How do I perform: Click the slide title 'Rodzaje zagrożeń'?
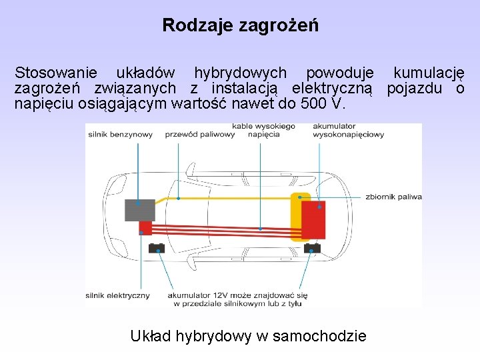[x=240, y=26]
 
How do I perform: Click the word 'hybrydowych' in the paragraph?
[x=241, y=73]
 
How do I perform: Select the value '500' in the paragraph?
[x=314, y=105]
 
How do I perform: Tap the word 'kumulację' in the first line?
[x=429, y=73]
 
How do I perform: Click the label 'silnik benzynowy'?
[x=120, y=134]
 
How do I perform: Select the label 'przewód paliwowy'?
[x=199, y=134]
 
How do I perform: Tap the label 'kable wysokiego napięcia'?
[x=263, y=130]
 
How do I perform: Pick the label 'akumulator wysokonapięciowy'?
[x=348, y=130]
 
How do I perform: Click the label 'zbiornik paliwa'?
[x=393, y=197]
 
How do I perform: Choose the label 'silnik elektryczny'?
[x=117, y=295]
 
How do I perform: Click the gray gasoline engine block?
[x=139, y=210]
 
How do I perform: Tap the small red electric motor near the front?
[x=145, y=228]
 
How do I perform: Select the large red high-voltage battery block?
[x=313, y=219]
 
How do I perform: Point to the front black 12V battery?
[x=157, y=249]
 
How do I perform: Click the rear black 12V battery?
[x=311, y=249]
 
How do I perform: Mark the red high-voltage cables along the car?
[x=220, y=227]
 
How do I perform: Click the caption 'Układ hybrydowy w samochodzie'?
[x=248, y=336]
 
